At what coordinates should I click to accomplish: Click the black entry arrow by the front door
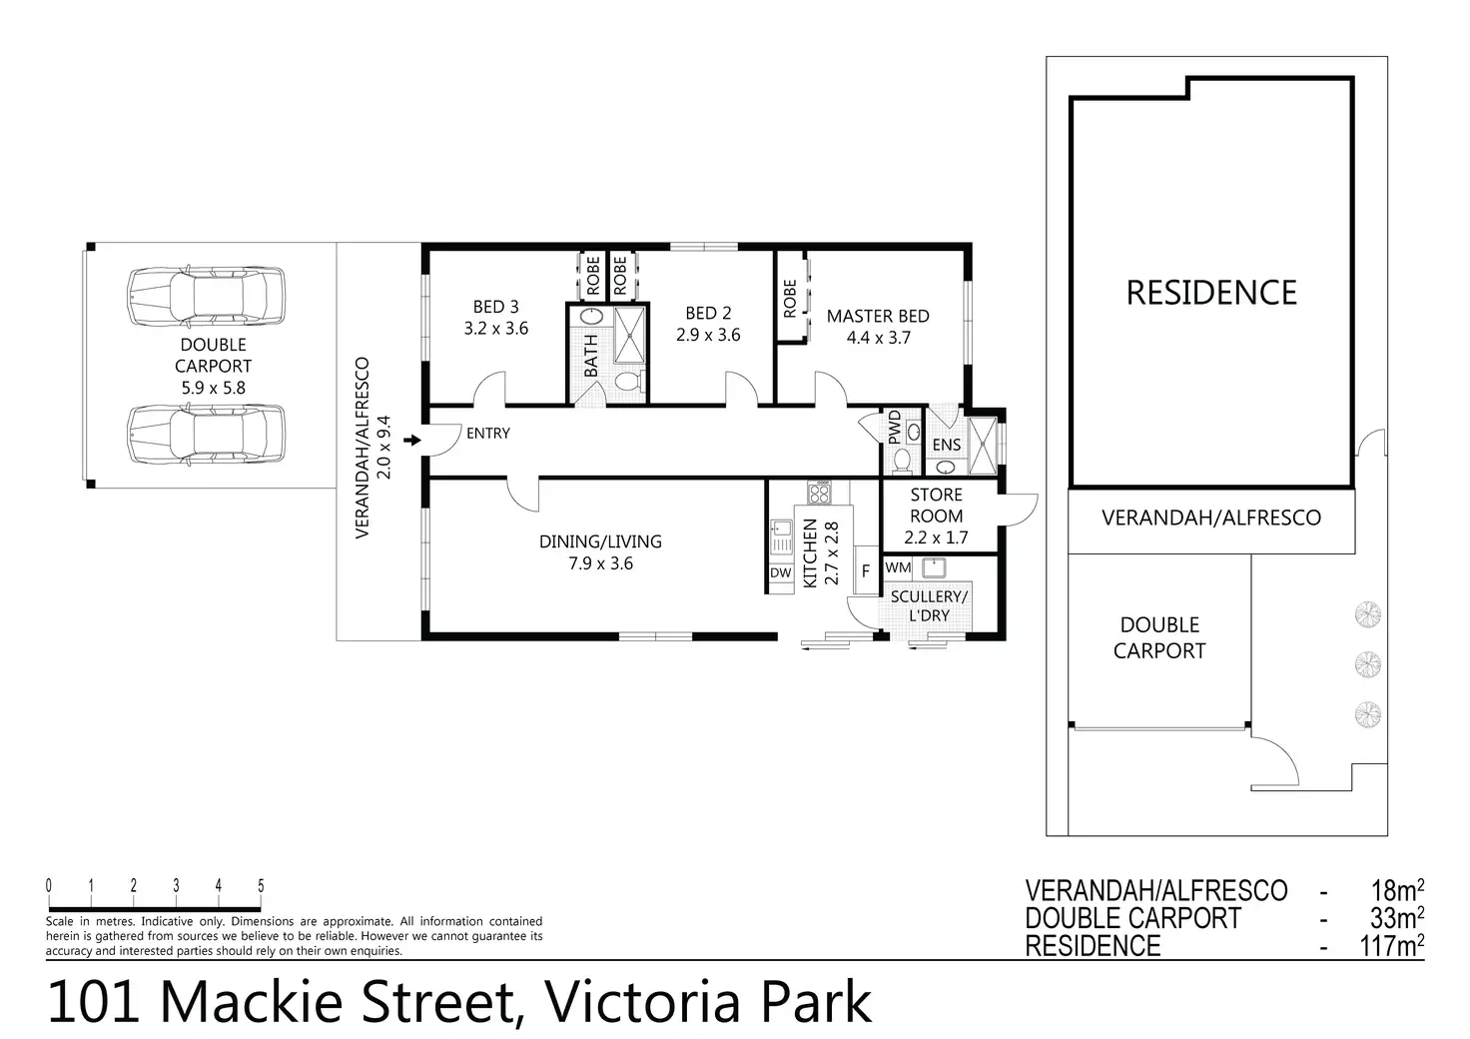tap(412, 440)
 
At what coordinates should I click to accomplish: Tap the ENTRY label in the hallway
tap(488, 434)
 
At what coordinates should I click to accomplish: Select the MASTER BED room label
tap(878, 317)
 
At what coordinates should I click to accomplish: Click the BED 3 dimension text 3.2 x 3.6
tap(496, 328)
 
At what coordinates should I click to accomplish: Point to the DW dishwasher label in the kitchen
tap(780, 573)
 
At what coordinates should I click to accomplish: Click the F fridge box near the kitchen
tap(866, 571)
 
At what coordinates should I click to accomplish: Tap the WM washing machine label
tap(898, 567)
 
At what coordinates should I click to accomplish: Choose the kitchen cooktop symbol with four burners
tap(819, 492)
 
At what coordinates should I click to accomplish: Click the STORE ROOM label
tap(937, 506)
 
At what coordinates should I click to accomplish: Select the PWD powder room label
tap(895, 428)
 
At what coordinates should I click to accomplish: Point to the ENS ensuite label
tap(947, 445)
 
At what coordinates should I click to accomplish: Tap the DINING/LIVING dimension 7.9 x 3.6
tap(600, 563)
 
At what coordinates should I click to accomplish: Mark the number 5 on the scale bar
tap(261, 885)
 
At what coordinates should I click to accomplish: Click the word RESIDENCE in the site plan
tap(1211, 293)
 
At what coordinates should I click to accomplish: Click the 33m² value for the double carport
tap(1397, 918)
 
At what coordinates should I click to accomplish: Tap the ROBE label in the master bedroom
tap(790, 299)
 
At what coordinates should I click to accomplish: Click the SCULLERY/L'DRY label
tap(929, 605)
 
